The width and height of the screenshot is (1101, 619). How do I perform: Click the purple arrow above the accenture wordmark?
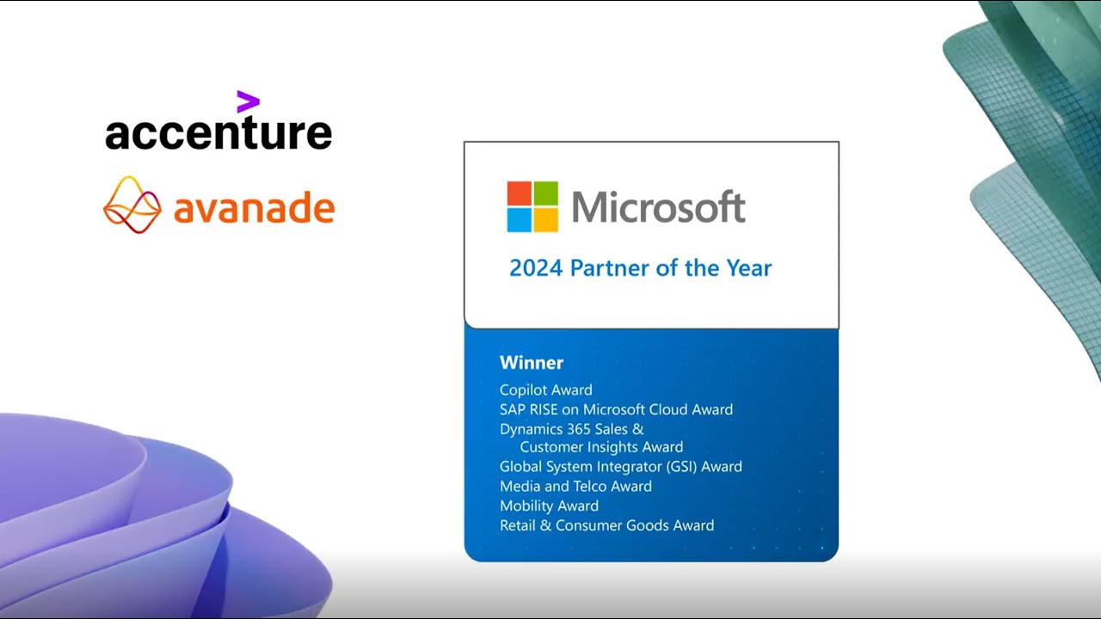pos(248,102)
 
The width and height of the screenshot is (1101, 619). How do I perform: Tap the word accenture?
pos(218,133)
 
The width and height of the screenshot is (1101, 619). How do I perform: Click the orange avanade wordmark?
pos(254,208)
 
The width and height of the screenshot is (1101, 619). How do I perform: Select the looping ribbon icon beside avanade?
pos(132,205)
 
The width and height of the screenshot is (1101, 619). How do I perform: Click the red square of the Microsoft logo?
pos(519,193)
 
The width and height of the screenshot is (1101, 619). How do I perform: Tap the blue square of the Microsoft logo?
pos(519,220)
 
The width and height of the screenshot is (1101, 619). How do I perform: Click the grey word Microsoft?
pos(658,207)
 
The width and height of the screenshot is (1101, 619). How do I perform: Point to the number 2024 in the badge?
pos(535,268)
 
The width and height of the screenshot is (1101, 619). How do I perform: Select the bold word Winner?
pos(532,363)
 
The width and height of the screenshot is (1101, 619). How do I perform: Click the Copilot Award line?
pos(545,390)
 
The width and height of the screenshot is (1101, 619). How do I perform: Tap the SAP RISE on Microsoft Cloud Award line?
pos(616,410)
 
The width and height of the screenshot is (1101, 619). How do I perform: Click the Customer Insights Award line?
pos(601,447)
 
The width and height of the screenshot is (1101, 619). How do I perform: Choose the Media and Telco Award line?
pos(575,487)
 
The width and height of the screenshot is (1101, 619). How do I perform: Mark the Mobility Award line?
pos(549,506)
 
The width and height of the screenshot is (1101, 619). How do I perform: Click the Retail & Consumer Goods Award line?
pos(606,525)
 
